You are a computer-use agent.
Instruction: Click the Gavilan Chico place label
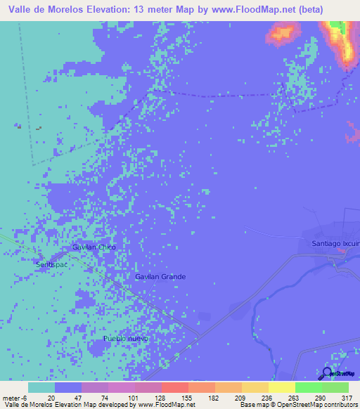pos(94,247)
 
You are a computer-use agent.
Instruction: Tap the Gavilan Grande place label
pos(160,277)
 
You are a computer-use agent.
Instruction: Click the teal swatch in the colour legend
pos(41,387)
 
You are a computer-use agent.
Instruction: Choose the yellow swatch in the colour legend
pos(282,387)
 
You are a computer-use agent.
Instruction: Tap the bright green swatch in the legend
pos(309,387)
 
